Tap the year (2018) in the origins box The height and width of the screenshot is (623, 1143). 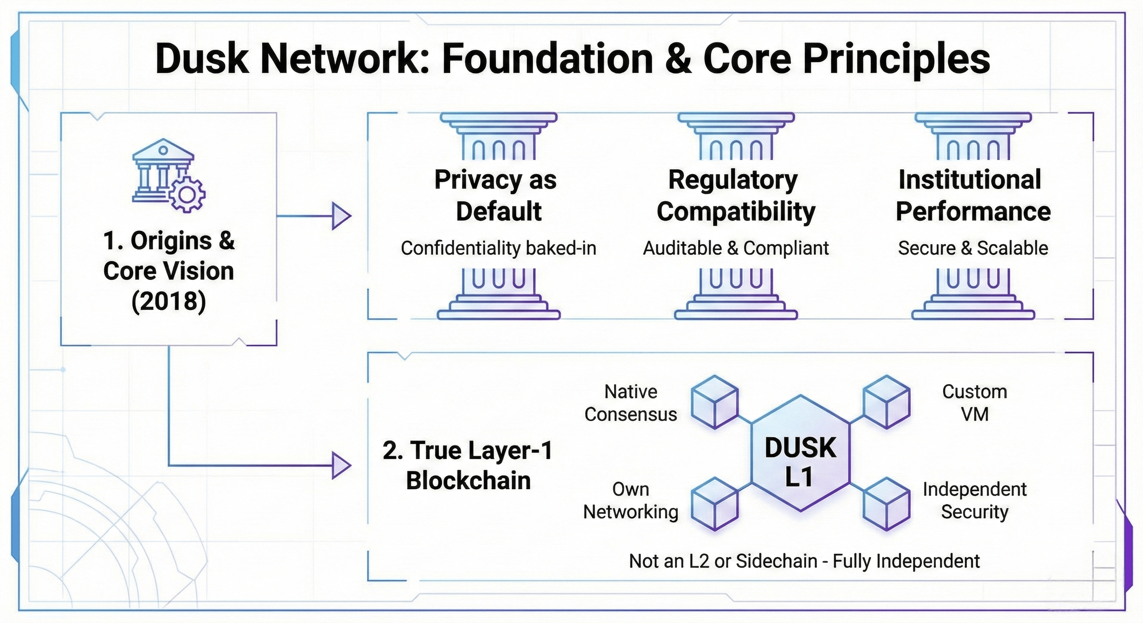[x=168, y=301]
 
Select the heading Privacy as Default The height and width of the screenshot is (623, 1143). [x=496, y=195]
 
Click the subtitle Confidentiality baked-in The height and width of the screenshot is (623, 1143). [x=498, y=248]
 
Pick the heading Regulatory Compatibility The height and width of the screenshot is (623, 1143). [x=735, y=195]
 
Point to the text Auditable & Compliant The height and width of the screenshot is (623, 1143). [x=735, y=248]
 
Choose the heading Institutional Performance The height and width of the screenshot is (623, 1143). [x=972, y=195]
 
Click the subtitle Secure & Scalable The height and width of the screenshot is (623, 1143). [x=973, y=248]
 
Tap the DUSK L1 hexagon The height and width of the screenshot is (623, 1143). [x=800, y=461]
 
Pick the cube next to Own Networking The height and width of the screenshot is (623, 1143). [x=715, y=504]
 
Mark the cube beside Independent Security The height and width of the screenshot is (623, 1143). [x=886, y=504]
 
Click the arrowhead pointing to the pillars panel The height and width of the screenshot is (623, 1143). [x=341, y=217]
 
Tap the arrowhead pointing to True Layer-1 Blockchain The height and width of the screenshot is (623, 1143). [x=341, y=466]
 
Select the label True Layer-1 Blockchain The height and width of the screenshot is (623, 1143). [x=468, y=465]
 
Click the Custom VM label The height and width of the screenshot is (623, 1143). [x=975, y=403]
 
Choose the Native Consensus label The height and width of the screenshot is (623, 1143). [x=630, y=403]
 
